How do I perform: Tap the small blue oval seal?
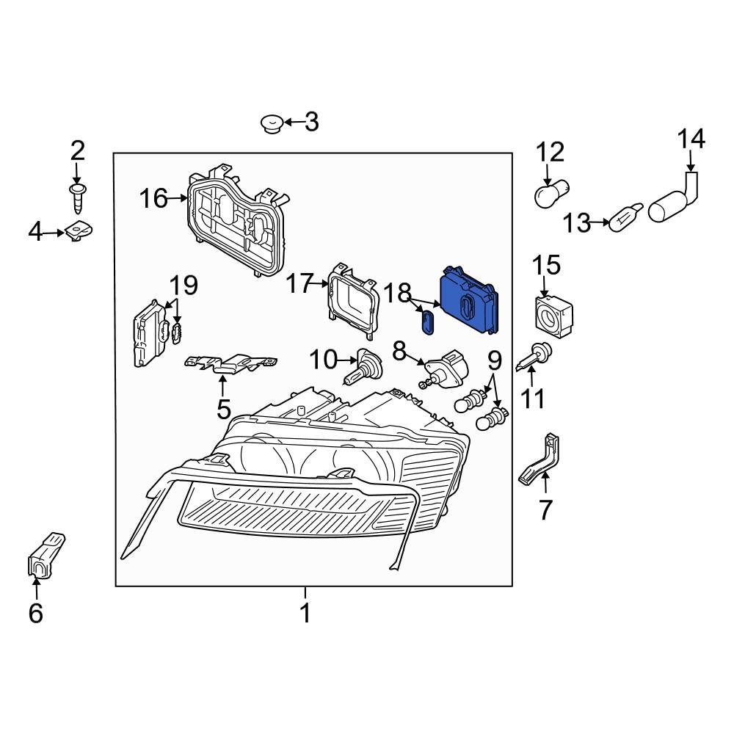point(427,321)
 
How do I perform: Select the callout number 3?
point(312,122)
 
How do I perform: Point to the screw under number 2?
point(77,196)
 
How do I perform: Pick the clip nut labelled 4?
point(78,233)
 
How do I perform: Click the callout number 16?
point(154,198)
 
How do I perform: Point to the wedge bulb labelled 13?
point(626,217)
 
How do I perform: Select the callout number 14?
point(690,139)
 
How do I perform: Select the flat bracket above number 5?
point(231,363)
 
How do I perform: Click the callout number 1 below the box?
point(305,613)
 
